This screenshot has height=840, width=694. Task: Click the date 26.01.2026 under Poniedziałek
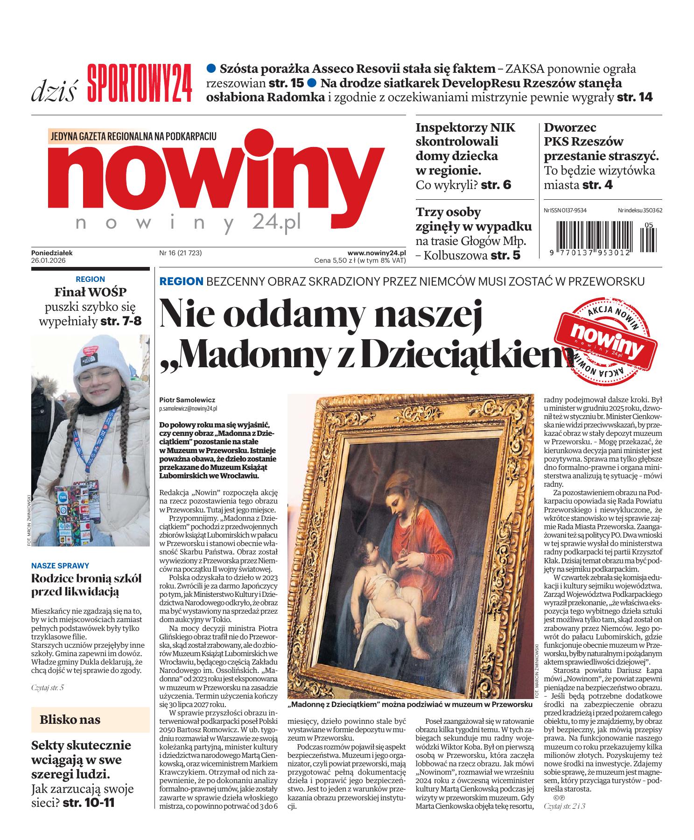click(x=49, y=261)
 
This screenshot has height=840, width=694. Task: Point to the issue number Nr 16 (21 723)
click(x=181, y=253)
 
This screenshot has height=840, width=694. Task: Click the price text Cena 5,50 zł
click(x=335, y=261)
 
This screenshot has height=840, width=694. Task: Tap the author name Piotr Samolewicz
click(x=187, y=400)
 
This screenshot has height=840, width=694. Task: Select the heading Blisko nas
click(x=70, y=719)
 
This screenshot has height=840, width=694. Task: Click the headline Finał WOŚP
click(x=90, y=293)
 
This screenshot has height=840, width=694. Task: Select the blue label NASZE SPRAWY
click(x=60, y=566)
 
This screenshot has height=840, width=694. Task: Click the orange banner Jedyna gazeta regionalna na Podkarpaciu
click(x=133, y=136)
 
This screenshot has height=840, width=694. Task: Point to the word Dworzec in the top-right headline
click(x=570, y=127)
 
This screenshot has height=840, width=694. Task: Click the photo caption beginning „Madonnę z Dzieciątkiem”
click(x=410, y=704)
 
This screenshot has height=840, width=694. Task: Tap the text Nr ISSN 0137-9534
click(x=565, y=210)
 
